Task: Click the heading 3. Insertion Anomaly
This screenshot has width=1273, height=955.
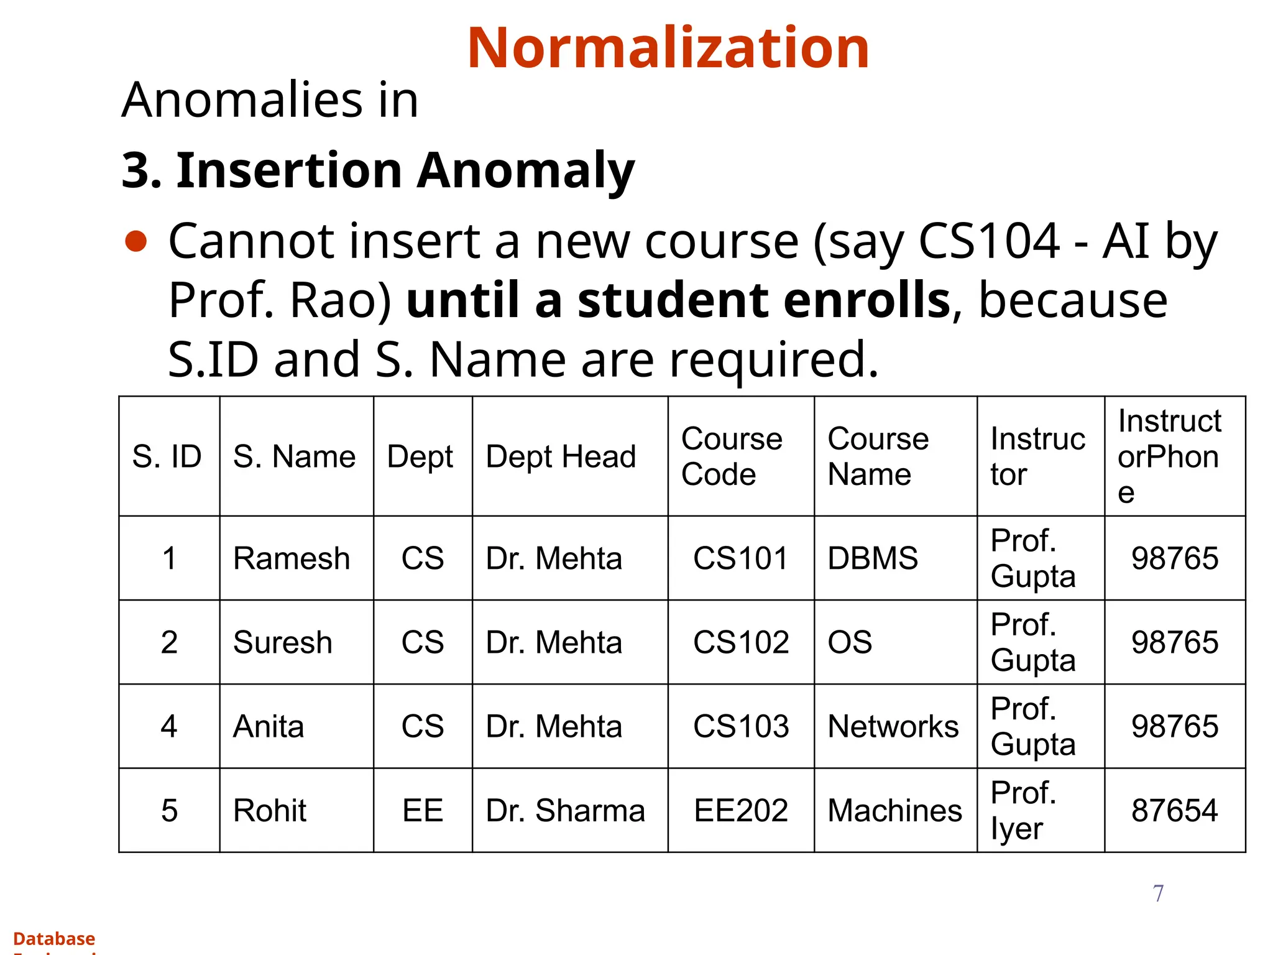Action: tap(377, 170)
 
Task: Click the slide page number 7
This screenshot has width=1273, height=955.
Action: tap(1158, 893)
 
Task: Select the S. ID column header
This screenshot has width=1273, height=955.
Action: tap(167, 457)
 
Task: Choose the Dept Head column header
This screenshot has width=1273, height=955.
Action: tap(561, 457)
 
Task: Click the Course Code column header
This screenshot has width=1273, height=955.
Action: tap(732, 456)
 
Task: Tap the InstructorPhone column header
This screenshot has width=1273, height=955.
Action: tap(1169, 456)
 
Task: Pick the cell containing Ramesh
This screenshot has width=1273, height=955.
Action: tap(292, 558)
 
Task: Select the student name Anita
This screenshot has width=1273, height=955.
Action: tap(269, 726)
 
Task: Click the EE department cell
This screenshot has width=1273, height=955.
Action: tap(423, 811)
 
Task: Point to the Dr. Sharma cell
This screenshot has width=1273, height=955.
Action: tap(565, 811)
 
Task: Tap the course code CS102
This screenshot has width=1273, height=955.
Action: tap(741, 642)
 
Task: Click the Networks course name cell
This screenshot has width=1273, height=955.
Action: tap(893, 726)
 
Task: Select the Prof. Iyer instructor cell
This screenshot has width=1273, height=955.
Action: tap(1023, 811)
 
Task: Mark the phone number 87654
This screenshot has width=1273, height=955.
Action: tap(1174, 811)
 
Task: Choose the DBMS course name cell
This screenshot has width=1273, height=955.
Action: tap(873, 558)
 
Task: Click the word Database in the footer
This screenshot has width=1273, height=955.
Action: tap(54, 938)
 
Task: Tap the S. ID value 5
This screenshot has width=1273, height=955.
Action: tap(169, 811)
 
